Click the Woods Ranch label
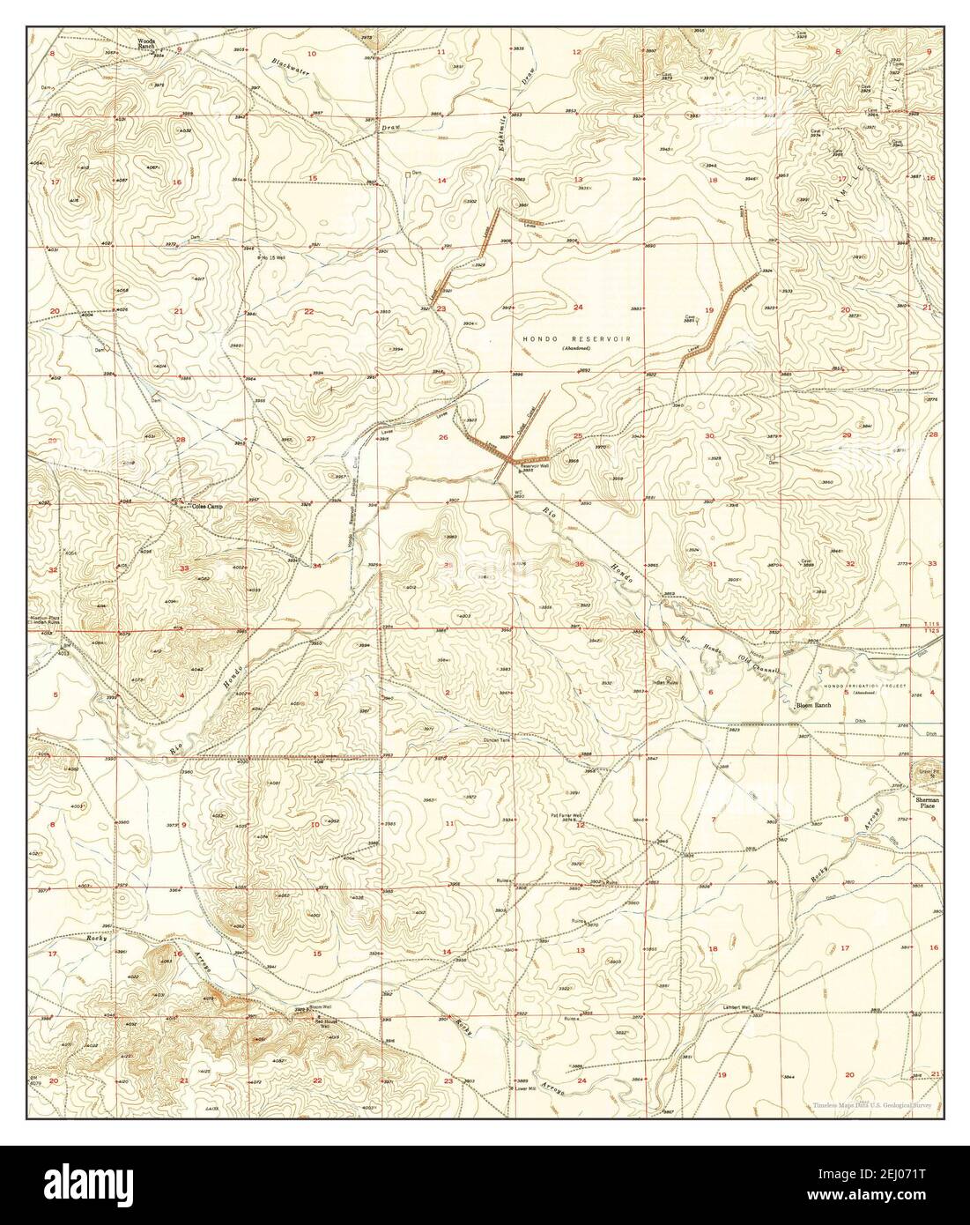coord(146,44)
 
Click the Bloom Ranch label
coord(813,706)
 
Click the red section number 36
coord(580,564)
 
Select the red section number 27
coord(311,439)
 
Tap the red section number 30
coord(709,436)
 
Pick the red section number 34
coord(316,566)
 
